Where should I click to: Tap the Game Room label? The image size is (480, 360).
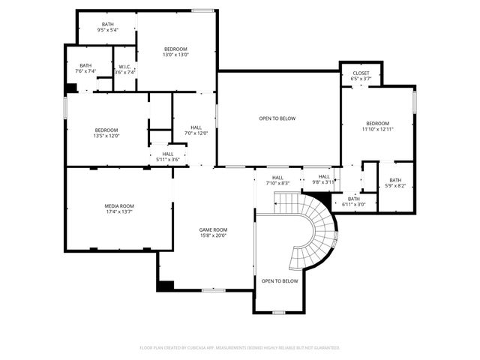click(x=212, y=229)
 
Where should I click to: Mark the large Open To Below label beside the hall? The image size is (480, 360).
click(x=277, y=118)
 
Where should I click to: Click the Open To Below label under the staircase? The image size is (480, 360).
click(x=279, y=281)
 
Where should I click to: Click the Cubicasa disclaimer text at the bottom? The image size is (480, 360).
click(x=240, y=347)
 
